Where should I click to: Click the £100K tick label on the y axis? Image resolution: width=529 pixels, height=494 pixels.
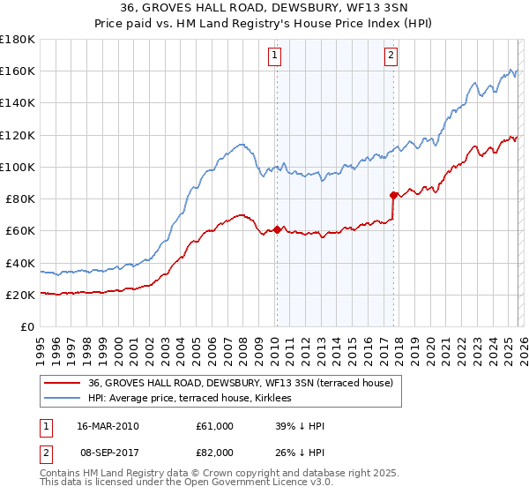pos(17,167)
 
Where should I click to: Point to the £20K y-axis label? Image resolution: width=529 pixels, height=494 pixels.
pos(19,295)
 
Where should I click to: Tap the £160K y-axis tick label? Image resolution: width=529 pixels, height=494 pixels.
pos(17,71)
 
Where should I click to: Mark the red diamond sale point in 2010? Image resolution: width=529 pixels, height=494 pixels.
pos(277,229)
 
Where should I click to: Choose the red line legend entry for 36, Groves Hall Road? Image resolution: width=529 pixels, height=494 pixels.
pos(245,383)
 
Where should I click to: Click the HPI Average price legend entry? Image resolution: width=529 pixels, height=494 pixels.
pos(195,399)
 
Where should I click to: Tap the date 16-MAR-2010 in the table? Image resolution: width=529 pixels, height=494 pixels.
pos(108,426)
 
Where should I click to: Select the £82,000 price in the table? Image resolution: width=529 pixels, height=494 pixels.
pos(215,453)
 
